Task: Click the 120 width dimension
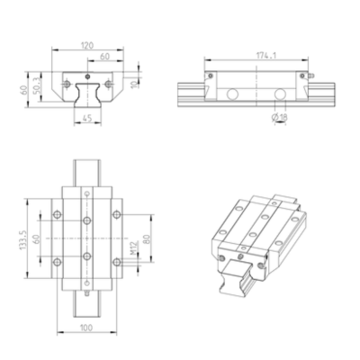point(87,45)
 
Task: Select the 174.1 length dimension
point(266,56)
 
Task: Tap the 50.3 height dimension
point(36,86)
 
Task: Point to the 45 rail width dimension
point(86,119)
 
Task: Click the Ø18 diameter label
point(280,117)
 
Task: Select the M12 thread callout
point(133,248)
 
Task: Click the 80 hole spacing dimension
point(147,238)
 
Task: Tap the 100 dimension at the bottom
point(86,328)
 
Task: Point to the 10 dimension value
point(135,83)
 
